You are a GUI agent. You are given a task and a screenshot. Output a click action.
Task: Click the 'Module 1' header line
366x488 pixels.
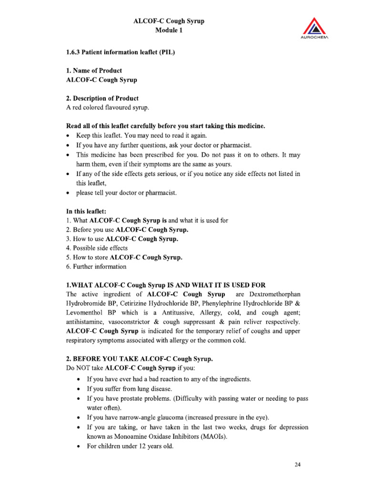[168, 30]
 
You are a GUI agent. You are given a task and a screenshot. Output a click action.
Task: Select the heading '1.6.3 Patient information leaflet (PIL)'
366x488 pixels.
[120, 52]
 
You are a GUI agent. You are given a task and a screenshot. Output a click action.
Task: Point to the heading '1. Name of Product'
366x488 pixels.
[94, 71]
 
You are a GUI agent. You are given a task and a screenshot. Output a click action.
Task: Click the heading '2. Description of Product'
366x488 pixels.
[102, 98]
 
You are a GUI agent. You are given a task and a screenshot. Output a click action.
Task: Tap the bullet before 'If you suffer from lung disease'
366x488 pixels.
[78, 389]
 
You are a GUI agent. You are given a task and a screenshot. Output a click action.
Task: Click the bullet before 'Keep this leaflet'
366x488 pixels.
[68, 136]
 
